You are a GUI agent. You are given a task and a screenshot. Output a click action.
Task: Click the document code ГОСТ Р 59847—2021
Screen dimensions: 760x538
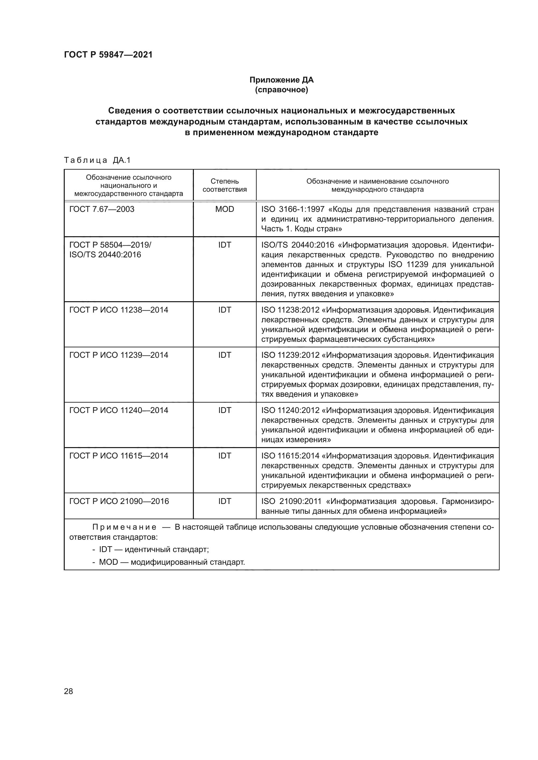pyautogui.click(x=108, y=55)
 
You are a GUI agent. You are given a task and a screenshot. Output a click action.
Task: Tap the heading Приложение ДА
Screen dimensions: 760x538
pyautogui.click(x=281, y=80)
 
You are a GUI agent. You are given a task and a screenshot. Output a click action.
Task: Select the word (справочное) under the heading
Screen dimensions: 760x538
pyautogui.click(x=281, y=90)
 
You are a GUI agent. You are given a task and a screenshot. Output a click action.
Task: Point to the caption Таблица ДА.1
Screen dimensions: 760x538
pyautogui.click(x=97, y=160)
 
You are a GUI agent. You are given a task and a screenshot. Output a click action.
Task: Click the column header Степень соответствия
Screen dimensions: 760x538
pyautogui.click(x=225, y=185)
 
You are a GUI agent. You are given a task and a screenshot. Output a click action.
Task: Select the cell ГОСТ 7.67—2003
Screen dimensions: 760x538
pyautogui.click(x=102, y=209)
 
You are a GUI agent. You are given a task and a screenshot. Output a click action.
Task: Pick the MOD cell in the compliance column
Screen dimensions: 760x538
pyautogui.click(x=225, y=209)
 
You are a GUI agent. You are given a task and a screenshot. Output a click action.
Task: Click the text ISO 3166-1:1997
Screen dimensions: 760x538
pyautogui.click(x=293, y=209)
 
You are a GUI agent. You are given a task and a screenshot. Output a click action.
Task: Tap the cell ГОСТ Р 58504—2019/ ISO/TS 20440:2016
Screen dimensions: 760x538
pyautogui.click(x=110, y=250)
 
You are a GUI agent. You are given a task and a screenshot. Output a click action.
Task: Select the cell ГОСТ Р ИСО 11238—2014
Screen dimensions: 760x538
pyautogui.click(x=119, y=310)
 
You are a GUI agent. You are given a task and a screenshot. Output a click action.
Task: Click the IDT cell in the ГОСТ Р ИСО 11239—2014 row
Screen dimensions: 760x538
pyautogui.click(x=225, y=355)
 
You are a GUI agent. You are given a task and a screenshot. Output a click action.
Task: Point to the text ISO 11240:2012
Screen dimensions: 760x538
pyautogui.click(x=290, y=410)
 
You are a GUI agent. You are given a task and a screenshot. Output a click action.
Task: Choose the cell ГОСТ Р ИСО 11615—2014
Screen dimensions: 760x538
pyautogui.click(x=119, y=456)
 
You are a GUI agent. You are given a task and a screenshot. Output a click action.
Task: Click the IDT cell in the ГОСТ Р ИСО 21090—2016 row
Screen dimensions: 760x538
pyautogui.click(x=225, y=501)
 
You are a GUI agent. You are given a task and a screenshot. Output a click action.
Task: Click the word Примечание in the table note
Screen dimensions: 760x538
pyautogui.click(x=124, y=527)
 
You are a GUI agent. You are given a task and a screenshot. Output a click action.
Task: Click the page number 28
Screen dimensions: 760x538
pyautogui.click(x=68, y=691)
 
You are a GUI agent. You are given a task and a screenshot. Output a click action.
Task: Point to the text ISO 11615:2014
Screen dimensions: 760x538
pyautogui.click(x=290, y=456)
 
